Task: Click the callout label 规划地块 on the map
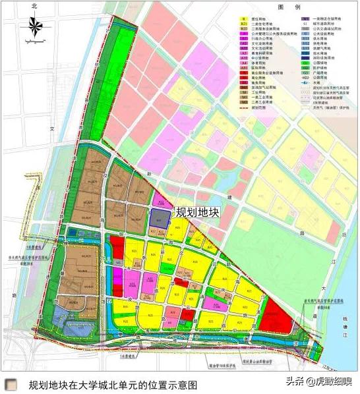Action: point(196,213)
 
